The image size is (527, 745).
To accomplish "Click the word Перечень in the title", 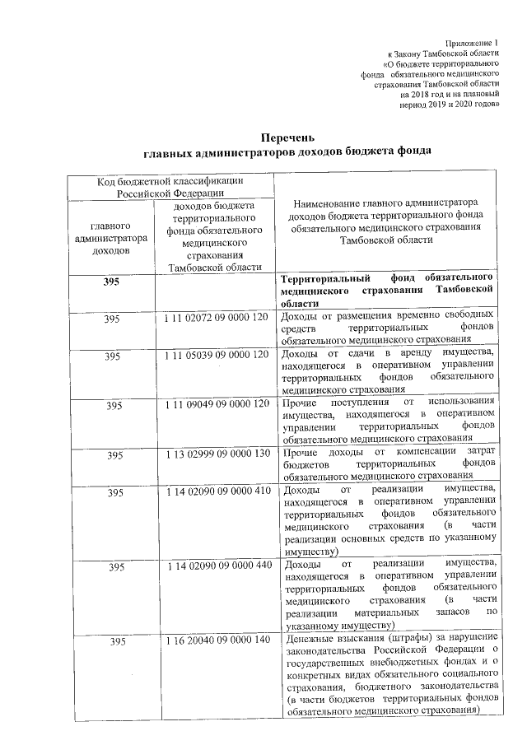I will (287, 137).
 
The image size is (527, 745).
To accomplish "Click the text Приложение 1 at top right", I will (472, 42).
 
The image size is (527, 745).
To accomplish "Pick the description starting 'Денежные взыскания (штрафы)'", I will (386, 673).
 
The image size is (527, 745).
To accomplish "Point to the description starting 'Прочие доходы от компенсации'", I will (386, 464).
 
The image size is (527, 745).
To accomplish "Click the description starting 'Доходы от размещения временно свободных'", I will (386, 327).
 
